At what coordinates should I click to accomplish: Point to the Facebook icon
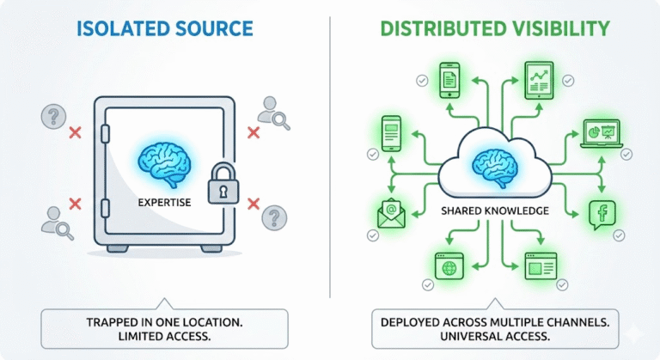[598, 214]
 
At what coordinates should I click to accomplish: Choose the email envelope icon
[391, 213]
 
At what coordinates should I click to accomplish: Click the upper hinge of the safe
[105, 133]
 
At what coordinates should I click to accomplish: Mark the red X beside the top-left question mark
[75, 132]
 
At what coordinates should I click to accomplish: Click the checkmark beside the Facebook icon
[620, 235]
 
